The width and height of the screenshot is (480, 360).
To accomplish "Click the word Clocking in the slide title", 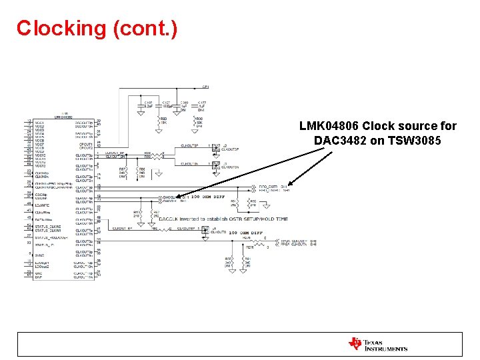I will [61, 29].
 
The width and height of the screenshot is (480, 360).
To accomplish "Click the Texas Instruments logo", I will [377, 344].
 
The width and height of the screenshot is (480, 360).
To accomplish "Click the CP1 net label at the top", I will [206, 87].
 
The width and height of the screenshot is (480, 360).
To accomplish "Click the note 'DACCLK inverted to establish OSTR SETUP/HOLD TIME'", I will [223, 219].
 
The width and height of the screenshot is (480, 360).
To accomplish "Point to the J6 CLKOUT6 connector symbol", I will [214, 229].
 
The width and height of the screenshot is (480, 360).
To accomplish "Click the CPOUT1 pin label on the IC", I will [84, 143].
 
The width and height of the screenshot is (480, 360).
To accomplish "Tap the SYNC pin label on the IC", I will [39, 255].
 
